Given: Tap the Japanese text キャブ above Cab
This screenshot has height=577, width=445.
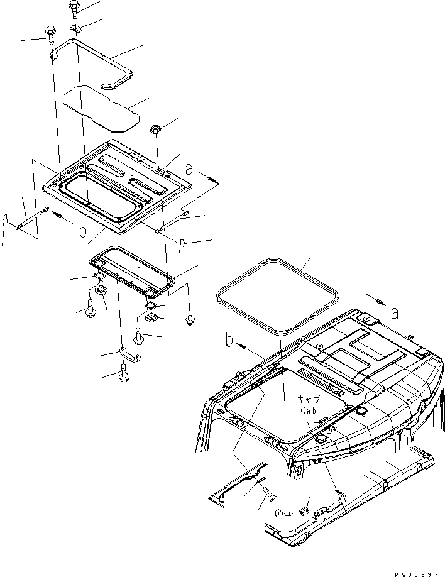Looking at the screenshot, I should (309, 400).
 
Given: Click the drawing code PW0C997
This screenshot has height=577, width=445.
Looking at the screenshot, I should (417, 572).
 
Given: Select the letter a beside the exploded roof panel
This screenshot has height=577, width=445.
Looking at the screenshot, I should (190, 168).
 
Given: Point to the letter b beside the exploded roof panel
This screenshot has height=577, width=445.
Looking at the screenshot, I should (82, 230).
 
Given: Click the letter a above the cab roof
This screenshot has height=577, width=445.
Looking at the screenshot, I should (394, 312).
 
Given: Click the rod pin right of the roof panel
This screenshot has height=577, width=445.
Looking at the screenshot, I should (172, 222).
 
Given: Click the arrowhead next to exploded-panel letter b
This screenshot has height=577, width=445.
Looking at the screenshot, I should (57, 214).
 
